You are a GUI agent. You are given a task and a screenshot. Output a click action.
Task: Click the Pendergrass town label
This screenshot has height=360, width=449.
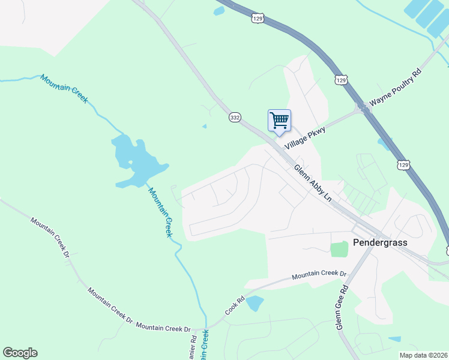pos(380,243)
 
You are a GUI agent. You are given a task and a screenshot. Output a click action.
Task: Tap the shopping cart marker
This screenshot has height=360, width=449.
pos(279,121)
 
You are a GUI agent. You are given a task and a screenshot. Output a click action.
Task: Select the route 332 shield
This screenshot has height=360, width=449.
pos(235,118)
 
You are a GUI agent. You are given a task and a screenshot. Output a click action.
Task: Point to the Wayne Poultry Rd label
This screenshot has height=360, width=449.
pos(396,88)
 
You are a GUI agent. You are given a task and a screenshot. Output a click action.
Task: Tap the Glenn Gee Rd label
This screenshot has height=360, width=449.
pos(342,307)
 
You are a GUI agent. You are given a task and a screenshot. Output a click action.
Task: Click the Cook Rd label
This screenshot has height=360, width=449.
pos(235,305)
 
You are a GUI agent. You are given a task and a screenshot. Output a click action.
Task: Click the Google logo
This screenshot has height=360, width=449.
pos(20,353)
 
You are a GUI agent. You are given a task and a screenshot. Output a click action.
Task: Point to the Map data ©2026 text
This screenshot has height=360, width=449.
pos(423,355)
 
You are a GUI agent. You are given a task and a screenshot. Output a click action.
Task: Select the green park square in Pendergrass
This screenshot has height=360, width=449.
pos(339,249)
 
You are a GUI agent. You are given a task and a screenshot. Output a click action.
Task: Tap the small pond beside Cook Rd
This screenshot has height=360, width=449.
pos(255,303)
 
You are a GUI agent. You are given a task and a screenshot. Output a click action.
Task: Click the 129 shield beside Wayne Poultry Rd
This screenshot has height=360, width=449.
pos(341,80)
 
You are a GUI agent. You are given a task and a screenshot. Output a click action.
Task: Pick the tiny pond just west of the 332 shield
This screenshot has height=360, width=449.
pos(205,127)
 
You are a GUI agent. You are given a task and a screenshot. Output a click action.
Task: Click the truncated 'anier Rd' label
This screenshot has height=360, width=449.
pos(193,347)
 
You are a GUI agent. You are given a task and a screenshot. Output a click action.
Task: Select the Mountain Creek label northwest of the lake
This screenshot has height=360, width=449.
pos(64,88)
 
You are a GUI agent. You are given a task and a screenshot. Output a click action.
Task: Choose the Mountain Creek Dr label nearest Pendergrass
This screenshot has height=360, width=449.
pos(319,275)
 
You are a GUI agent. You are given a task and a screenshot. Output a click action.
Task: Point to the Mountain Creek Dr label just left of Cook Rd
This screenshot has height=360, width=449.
pos(163,328)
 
